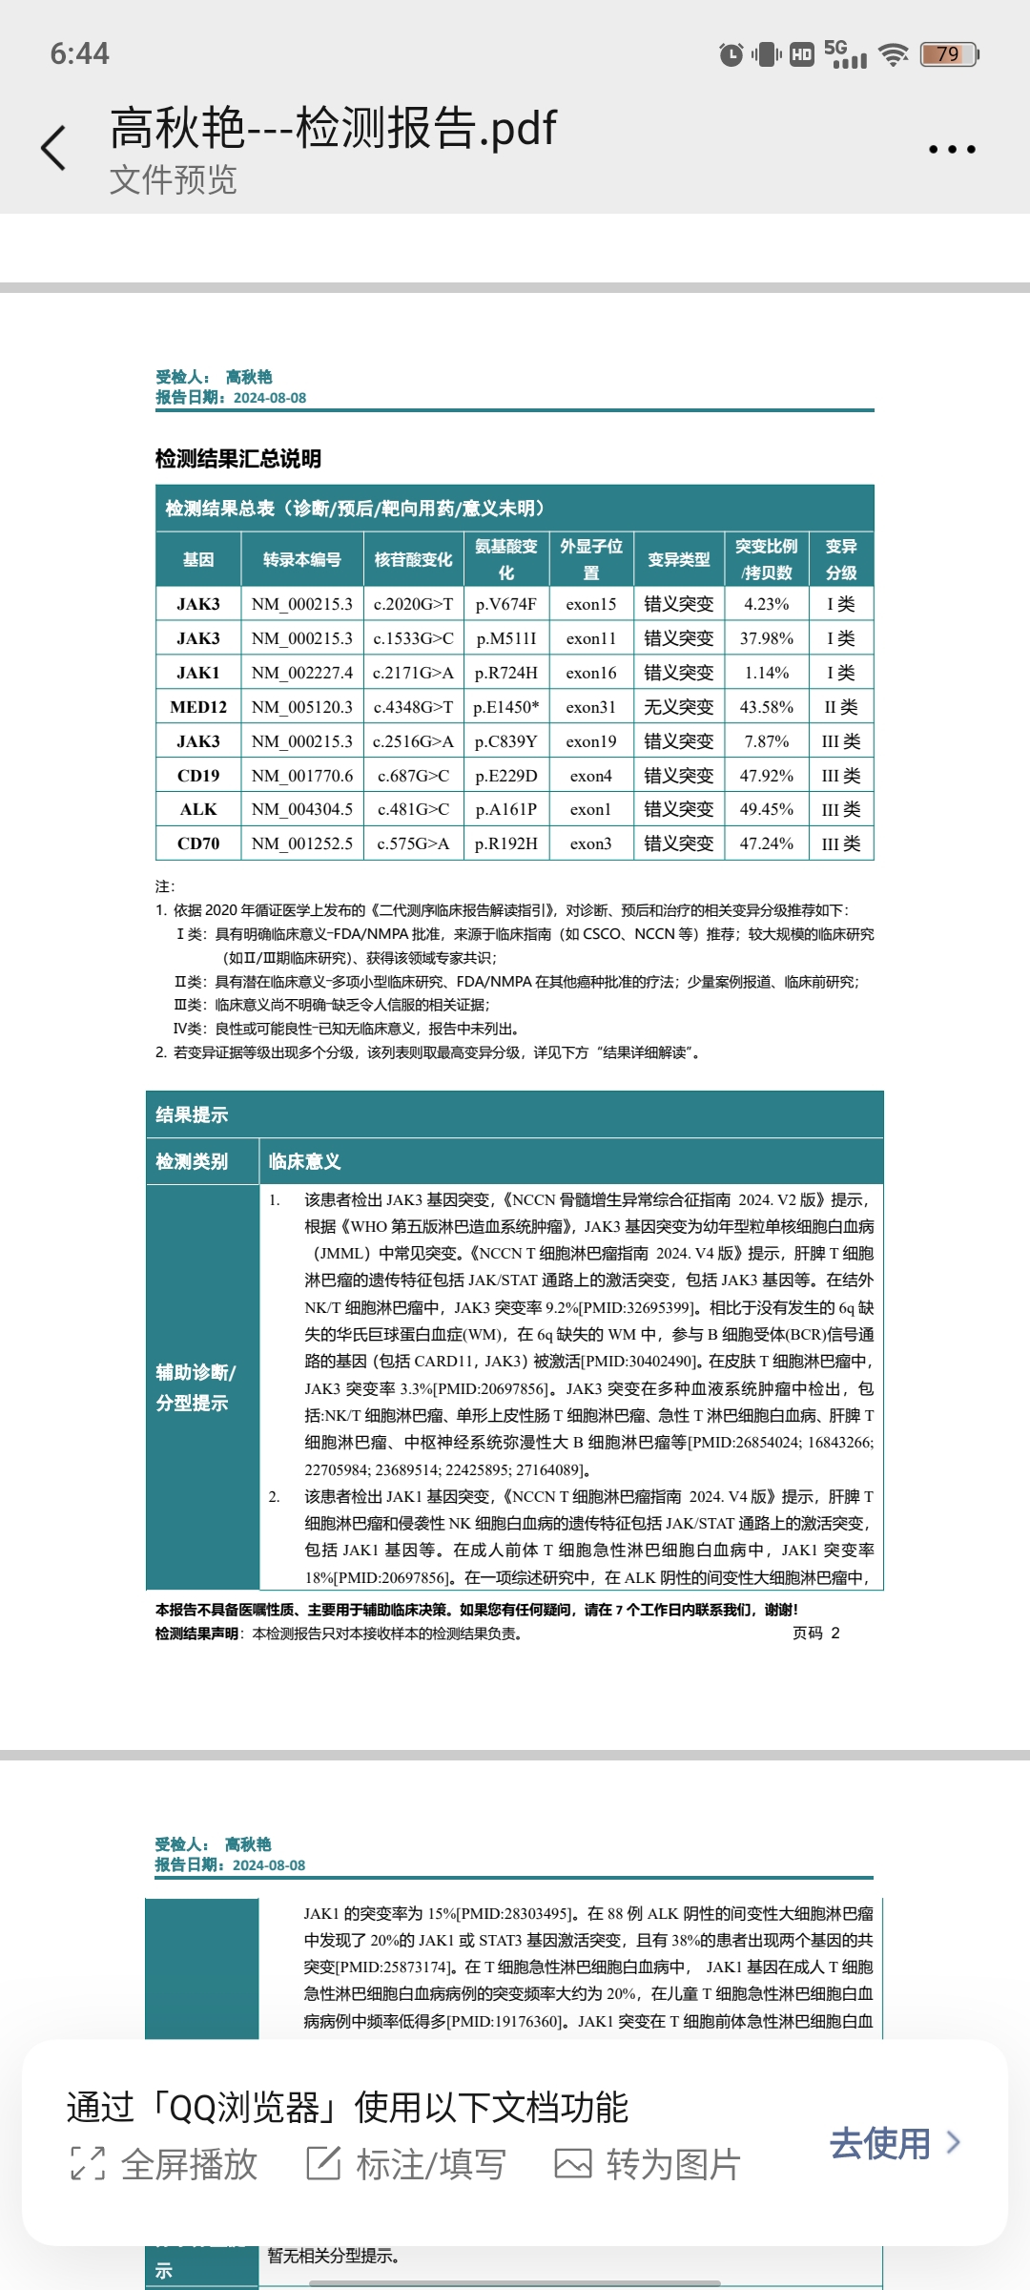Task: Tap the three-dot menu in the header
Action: coord(952,150)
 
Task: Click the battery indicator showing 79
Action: coord(949,54)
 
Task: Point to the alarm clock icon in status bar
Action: coord(731,54)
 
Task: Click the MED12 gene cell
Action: coord(198,707)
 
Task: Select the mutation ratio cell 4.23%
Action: coord(767,604)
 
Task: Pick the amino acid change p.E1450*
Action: coord(506,707)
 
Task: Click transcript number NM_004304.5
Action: coord(302,809)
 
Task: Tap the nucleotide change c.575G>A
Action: coord(413,843)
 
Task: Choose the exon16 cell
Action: coord(591,673)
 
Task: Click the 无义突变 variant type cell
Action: coord(679,707)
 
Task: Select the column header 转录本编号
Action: coord(302,559)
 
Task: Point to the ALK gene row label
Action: coord(198,809)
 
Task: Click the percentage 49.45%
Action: coord(767,809)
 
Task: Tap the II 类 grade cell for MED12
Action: coord(841,707)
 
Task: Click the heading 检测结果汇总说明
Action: coord(238,459)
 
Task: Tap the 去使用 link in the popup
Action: coord(894,2143)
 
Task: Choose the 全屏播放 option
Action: coord(165,2164)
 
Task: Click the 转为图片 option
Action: coord(648,2164)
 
